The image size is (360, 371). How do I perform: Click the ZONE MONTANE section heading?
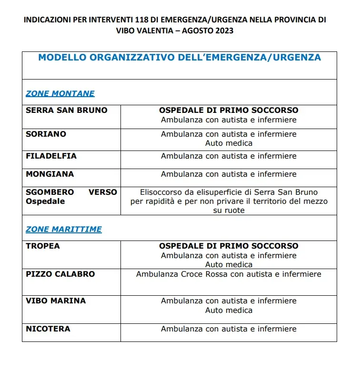coord(60,93)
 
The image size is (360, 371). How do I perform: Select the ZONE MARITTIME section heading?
coord(64,229)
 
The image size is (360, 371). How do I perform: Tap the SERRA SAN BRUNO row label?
coord(67,110)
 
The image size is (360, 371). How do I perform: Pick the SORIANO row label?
coord(46,134)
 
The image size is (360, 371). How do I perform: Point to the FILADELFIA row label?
coord(51,156)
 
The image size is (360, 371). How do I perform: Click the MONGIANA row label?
coord(50,174)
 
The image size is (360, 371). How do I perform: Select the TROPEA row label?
coord(43,246)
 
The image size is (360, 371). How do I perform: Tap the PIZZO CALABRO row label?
coord(60,274)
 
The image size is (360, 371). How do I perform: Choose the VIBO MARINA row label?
coord(56,301)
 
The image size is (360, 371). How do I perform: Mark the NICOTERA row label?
coord(48,329)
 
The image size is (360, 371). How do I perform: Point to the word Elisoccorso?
coord(162,192)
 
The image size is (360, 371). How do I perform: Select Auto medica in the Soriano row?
coord(229,143)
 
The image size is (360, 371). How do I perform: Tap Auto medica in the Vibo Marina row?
coord(229,310)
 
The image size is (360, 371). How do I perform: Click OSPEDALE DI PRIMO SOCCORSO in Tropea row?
coord(229,246)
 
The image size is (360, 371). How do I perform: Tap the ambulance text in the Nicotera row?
coord(229,329)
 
